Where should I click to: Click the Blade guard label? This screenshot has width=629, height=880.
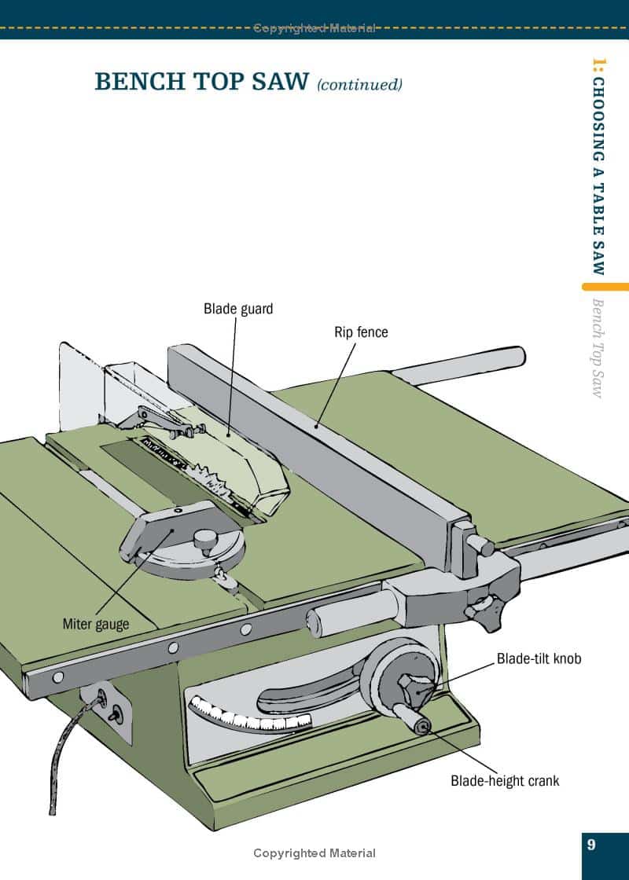tap(238, 309)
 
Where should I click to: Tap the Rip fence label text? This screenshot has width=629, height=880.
tap(361, 332)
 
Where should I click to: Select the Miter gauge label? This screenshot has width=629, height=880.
tap(95, 624)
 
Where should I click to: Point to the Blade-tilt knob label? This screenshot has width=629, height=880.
tap(539, 658)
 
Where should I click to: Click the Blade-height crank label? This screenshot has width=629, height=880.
tap(505, 781)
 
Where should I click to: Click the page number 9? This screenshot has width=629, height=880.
tap(590, 844)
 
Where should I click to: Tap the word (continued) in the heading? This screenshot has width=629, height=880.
tap(359, 85)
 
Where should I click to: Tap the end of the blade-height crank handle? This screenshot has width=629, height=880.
tap(422, 728)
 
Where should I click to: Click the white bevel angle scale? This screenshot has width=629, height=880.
tap(250, 715)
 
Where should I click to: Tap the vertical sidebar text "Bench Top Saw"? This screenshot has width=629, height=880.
tap(598, 349)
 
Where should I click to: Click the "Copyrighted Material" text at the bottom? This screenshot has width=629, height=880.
tap(314, 853)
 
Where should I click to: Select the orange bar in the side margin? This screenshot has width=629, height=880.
tap(605, 286)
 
